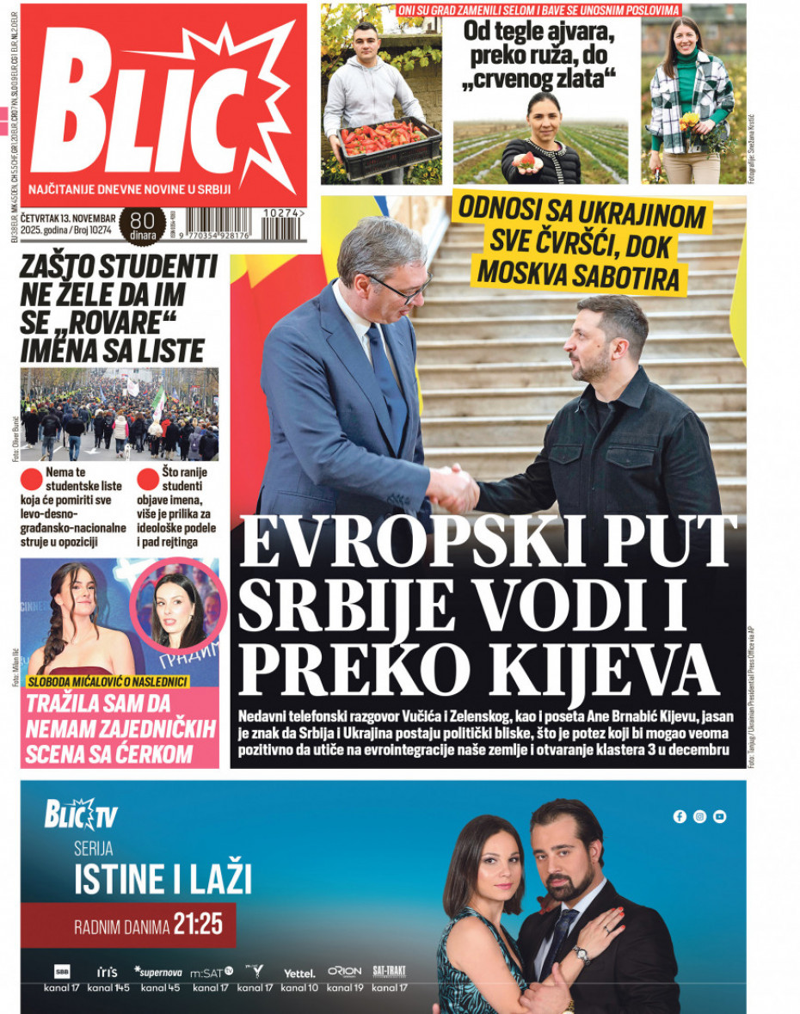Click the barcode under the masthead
tap(218, 223)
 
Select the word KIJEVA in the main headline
tap(618, 667)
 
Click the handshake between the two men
tap(453, 488)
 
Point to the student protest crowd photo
tap(120, 415)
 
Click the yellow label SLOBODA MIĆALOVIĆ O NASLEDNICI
tap(108, 682)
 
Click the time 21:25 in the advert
tap(198, 925)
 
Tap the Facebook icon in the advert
tap(680, 816)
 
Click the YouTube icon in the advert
tap(720, 816)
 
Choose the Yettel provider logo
tap(299, 973)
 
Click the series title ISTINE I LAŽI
tap(163, 880)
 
